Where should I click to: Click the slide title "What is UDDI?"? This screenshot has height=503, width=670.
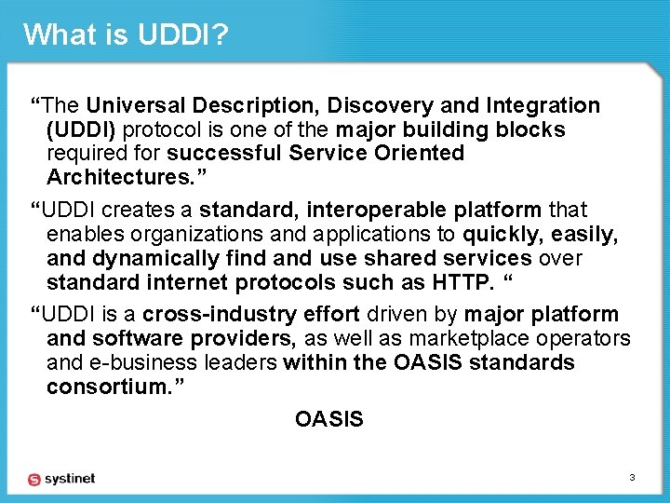[x=126, y=34]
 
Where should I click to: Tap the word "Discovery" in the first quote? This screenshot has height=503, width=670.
[x=377, y=106]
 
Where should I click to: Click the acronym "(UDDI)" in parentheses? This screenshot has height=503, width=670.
[x=82, y=129]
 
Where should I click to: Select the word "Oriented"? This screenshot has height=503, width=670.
[x=421, y=153]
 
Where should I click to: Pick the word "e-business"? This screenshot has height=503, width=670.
[x=137, y=361]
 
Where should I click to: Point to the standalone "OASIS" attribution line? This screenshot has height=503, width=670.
[x=328, y=419]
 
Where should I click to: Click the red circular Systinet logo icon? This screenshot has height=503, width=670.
[x=34, y=479]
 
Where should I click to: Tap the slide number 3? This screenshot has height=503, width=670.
[x=632, y=478]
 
